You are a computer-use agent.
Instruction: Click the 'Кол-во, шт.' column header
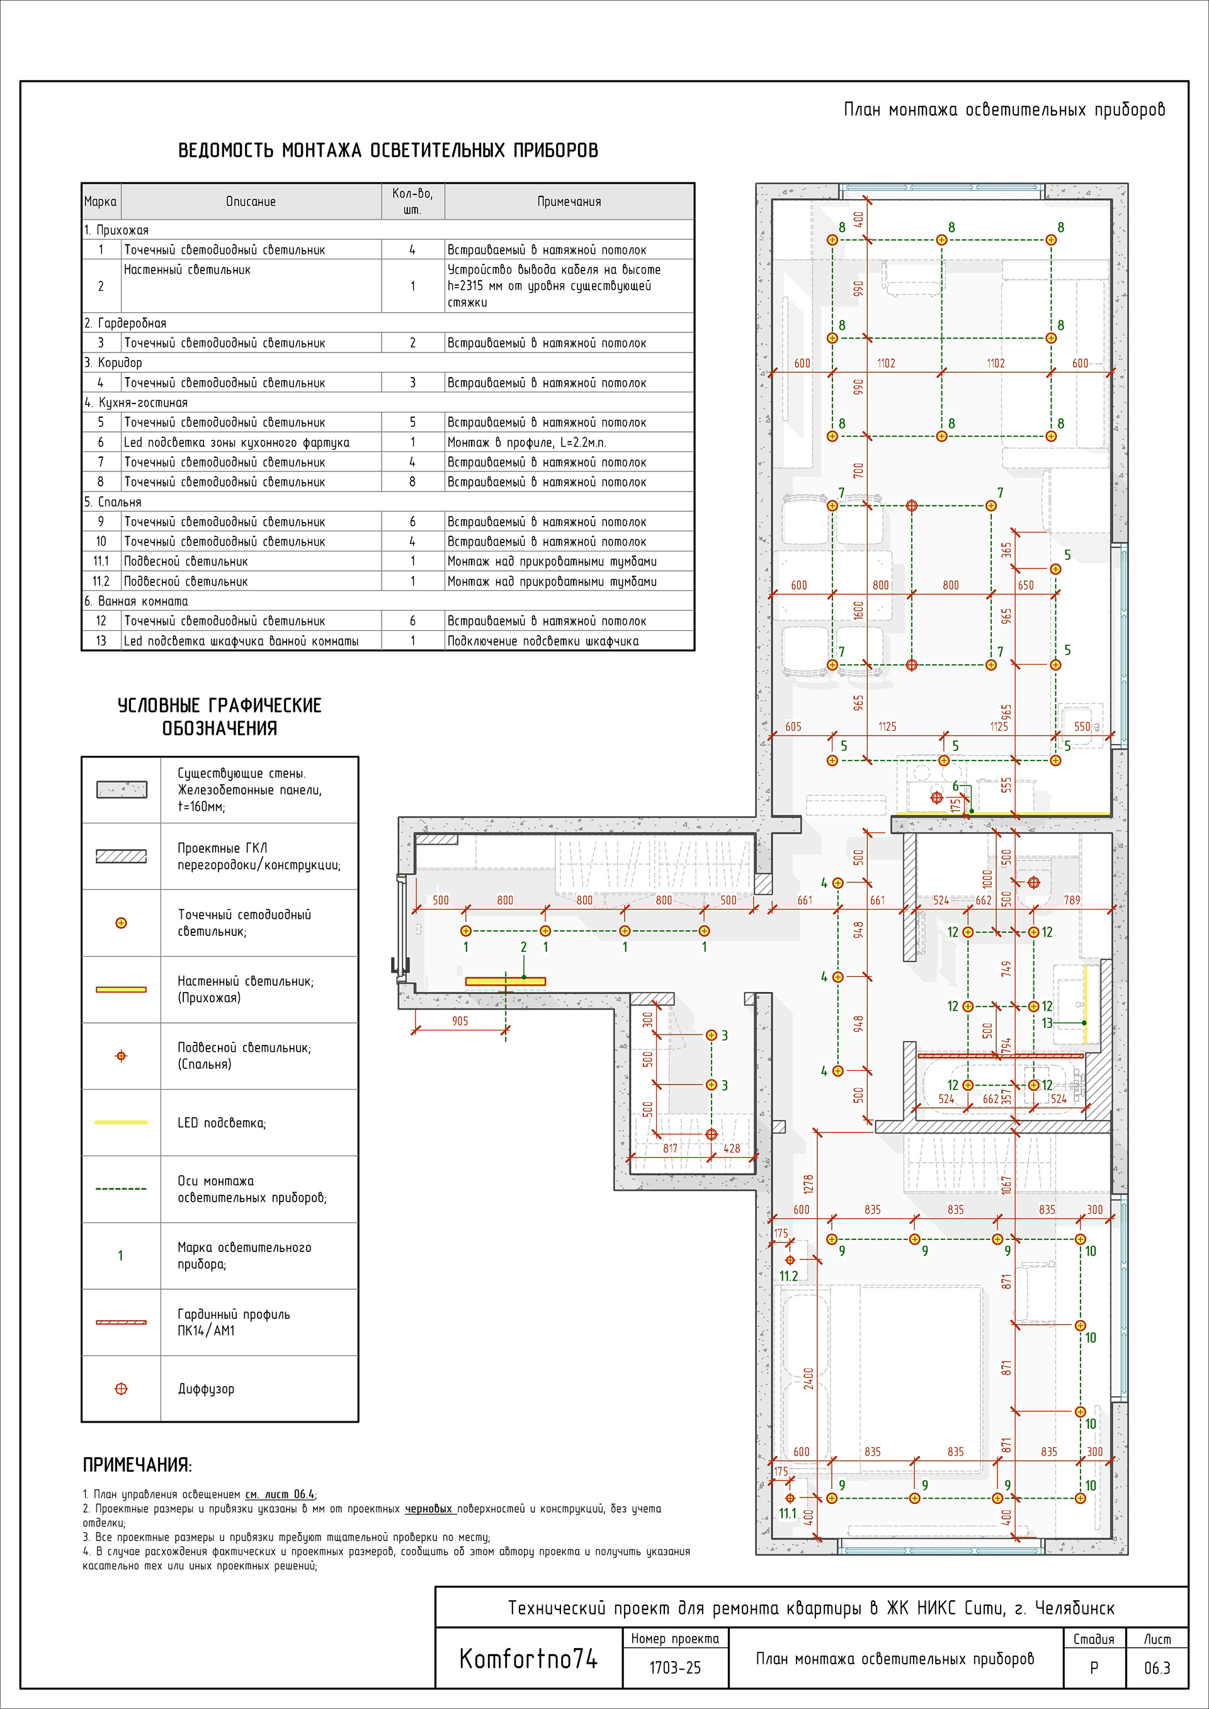[x=412, y=201]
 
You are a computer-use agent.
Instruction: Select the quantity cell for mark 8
[x=412, y=482]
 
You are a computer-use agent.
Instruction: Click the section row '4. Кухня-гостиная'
[x=136, y=403]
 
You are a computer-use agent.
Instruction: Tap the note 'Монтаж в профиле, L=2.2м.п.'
[x=526, y=442]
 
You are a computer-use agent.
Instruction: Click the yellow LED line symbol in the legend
[x=121, y=1122]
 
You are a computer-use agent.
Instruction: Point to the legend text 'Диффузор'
[x=205, y=1389]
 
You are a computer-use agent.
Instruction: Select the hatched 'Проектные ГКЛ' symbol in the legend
[x=121, y=857]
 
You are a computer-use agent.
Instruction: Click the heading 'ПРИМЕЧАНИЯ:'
[x=137, y=1465]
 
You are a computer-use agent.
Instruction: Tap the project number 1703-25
[x=674, y=1668]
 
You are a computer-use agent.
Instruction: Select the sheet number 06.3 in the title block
[x=1156, y=1668]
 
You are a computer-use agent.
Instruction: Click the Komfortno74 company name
[x=528, y=1659]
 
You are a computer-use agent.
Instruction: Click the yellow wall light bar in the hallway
[x=506, y=982]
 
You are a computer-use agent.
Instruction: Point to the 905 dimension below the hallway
[x=460, y=1021]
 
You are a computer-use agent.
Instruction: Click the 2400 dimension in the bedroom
[x=809, y=1378]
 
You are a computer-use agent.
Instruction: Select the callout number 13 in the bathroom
[x=1047, y=1024]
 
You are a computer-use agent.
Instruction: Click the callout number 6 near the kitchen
[x=955, y=786]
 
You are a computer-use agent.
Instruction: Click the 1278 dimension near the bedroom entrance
[x=809, y=1183]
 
